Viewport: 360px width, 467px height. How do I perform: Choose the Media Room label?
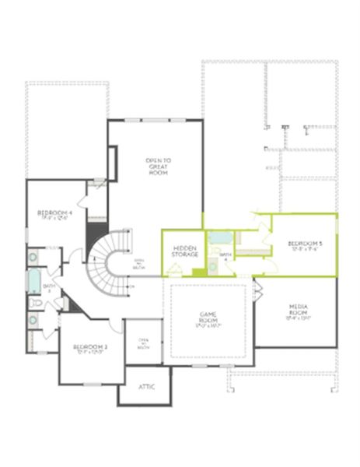[x=298, y=310]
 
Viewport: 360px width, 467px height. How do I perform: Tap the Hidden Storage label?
[x=184, y=251]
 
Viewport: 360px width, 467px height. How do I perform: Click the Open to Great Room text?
[x=158, y=166]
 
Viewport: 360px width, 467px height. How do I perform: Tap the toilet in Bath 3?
[x=36, y=302]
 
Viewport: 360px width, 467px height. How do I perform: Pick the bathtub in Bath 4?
[x=221, y=238]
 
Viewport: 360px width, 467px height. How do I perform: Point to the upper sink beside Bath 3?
[x=33, y=257]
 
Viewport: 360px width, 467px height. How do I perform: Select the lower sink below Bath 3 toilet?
[x=33, y=319]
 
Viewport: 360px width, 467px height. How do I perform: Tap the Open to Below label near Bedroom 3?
[x=144, y=343]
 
